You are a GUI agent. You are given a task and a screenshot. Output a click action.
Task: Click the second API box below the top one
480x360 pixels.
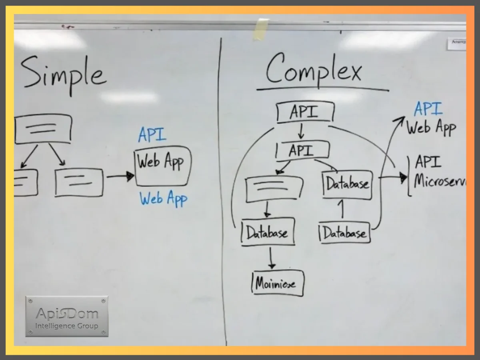tap(302, 151)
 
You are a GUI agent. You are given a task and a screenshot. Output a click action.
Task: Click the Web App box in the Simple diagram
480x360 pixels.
tap(162, 166)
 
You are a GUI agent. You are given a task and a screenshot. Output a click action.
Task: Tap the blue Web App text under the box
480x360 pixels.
tap(163, 198)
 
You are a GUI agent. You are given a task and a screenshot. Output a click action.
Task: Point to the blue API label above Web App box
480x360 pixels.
tap(152, 135)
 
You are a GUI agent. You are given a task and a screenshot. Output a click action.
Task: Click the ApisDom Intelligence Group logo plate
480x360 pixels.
tap(67, 316)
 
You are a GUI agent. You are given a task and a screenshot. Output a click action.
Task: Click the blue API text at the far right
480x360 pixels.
tap(428, 109)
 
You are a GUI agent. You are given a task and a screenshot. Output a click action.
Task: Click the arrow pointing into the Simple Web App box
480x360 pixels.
tap(120, 176)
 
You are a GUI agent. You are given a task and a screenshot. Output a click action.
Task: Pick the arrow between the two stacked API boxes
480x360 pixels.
tap(301, 130)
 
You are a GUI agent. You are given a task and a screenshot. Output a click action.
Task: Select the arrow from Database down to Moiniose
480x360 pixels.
tap(272, 258)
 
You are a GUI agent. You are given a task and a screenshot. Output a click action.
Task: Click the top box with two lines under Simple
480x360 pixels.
tap(43, 129)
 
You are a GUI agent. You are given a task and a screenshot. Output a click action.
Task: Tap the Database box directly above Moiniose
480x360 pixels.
tap(268, 232)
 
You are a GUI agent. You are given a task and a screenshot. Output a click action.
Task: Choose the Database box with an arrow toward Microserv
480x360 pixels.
tap(347, 184)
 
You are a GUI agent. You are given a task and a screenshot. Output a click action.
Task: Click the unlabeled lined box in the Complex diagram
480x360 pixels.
tap(274, 188)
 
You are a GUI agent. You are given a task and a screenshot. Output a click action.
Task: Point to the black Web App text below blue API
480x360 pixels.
tap(431, 128)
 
